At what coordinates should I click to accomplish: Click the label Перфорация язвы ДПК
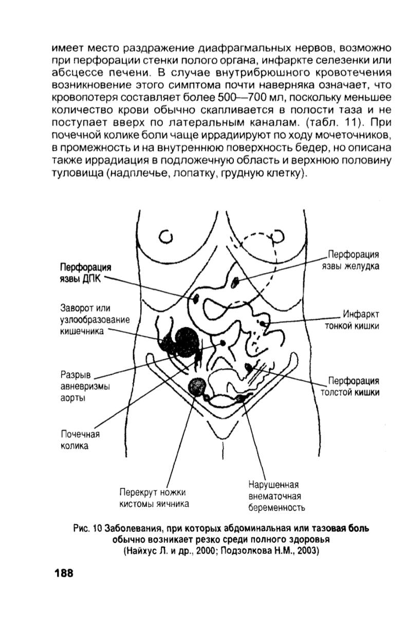[85, 273]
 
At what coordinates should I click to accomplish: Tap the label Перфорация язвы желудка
[350, 260]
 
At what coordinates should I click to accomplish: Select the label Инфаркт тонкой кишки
[352, 319]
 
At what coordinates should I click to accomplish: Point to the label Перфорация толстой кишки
[349, 386]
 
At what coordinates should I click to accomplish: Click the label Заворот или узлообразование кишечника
[95, 319]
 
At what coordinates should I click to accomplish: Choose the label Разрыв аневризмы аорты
[85, 386]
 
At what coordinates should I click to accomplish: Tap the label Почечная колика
[80, 440]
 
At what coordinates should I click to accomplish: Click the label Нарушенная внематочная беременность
[276, 496]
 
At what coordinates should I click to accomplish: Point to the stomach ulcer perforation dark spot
[235, 282]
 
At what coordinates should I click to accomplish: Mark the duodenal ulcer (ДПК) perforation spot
[196, 298]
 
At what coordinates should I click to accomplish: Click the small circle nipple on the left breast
[165, 237]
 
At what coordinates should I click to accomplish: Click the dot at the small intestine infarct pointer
[263, 323]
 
